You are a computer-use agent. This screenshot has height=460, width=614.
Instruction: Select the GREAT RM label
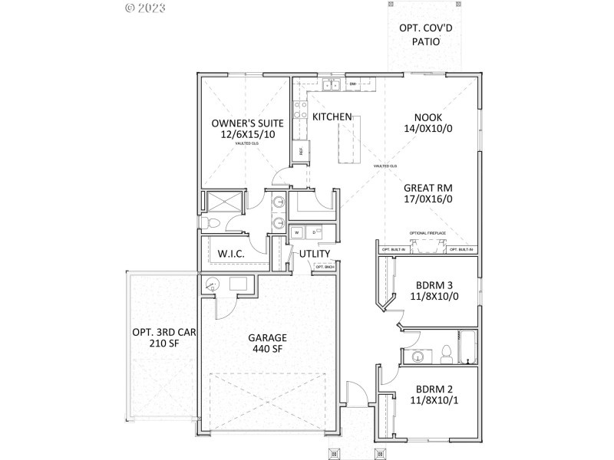pos(427,186)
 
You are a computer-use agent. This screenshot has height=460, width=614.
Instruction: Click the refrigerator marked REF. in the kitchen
pos(302,151)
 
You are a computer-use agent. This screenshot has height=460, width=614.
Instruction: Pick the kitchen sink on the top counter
pos(331,84)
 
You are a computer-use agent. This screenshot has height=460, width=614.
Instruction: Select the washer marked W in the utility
pos(296,232)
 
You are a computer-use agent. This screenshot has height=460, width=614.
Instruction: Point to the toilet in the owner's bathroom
pos(213,223)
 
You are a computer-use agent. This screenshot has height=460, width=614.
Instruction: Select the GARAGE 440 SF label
pos(267,343)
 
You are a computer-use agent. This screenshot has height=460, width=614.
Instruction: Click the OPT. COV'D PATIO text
pos(419,34)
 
